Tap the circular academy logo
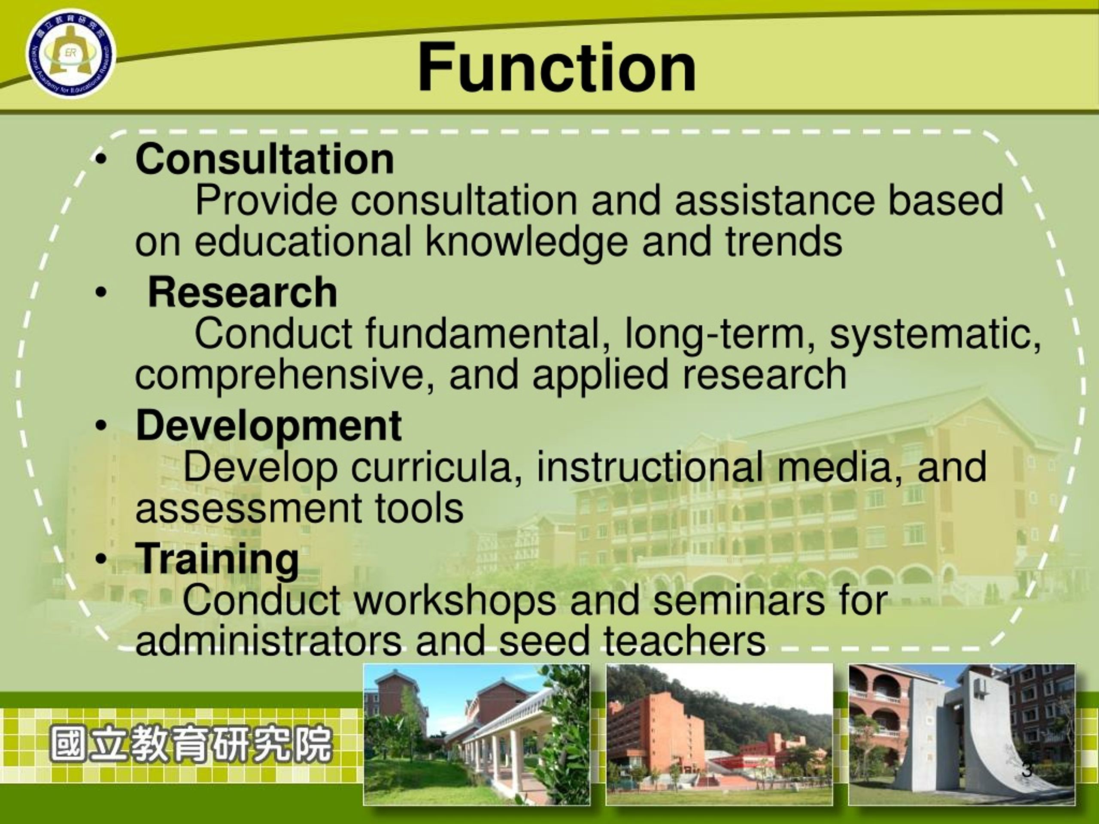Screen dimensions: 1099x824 [71, 54]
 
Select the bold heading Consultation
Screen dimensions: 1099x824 [265, 159]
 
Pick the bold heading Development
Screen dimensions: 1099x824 [268, 426]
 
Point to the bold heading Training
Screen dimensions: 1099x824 [217, 559]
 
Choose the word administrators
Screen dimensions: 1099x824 [268, 641]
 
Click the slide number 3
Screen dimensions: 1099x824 [1027, 769]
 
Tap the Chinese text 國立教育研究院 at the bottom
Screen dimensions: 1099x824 [191, 744]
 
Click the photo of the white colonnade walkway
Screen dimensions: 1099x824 [477, 734]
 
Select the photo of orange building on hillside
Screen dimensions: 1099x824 [720, 734]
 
